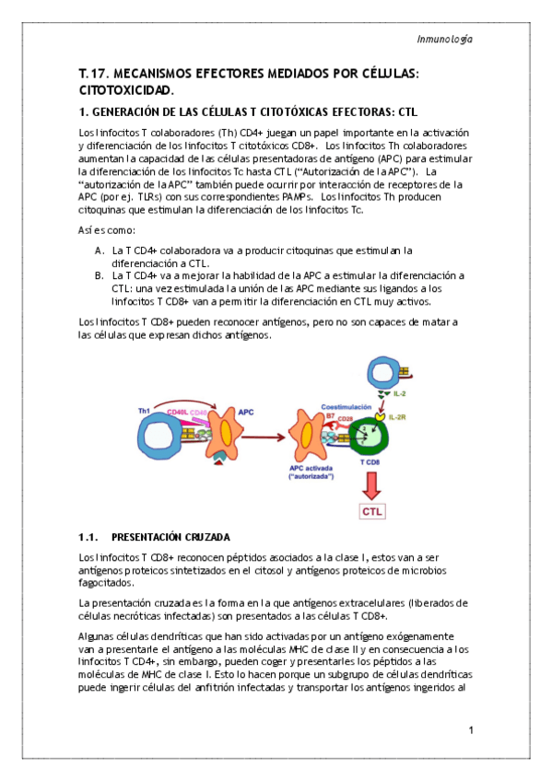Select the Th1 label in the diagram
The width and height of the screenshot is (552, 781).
pyautogui.click(x=144, y=411)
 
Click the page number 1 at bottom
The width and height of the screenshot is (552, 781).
pyautogui.click(x=470, y=730)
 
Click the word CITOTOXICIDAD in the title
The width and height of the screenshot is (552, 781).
pyautogui.click(x=126, y=90)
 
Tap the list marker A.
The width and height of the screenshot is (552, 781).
pyautogui.click(x=100, y=251)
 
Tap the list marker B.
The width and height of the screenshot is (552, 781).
pyautogui.click(x=100, y=275)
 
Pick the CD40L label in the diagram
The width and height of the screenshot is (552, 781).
pyautogui.click(x=177, y=412)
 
